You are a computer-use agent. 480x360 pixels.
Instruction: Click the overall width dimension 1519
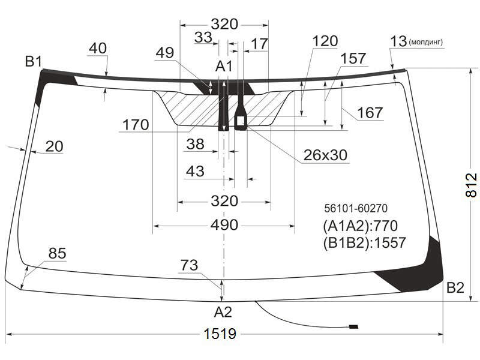pyautogui.click(x=220, y=334)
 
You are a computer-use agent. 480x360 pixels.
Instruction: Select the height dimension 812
pyautogui.click(x=471, y=185)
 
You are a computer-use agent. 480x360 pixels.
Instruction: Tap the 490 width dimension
pyautogui.click(x=224, y=226)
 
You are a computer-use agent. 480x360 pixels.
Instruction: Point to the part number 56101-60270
pyautogui.click(x=356, y=208)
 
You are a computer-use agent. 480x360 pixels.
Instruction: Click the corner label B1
pyautogui.click(x=34, y=62)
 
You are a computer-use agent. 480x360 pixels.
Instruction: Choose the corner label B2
pyautogui.click(x=455, y=288)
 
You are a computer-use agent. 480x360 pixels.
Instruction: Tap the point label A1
pyautogui.click(x=224, y=66)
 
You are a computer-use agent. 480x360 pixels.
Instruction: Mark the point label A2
pyautogui.click(x=223, y=312)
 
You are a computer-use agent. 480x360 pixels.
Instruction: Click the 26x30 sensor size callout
pyautogui.click(x=325, y=155)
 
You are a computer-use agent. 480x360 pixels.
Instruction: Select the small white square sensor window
pyautogui.click(x=241, y=121)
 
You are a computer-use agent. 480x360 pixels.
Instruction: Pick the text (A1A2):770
pyautogui.click(x=360, y=226)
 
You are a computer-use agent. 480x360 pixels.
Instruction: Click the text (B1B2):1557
pyautogui.click(x=364, y=243)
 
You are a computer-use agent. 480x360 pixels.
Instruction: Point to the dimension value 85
pyautogui.click(x=57, y=253)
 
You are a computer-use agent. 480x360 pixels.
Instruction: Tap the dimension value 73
pyautogui.click(x=189, y=265)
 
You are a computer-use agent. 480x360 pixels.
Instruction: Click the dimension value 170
pyautogui.click(x=136, y=125)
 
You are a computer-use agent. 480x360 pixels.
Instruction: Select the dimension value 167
pyautogui.click(x=370, y=113)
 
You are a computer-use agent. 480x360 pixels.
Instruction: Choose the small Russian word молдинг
pyautogui.click(x=426, y=42)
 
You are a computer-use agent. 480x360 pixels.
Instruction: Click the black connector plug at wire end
pyautogui.click(x=353, y=326)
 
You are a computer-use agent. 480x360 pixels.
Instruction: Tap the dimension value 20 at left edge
pyautogui.click(x=54, y=146)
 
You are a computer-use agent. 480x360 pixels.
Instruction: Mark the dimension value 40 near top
pyautogui.click(x=98, y=49)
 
